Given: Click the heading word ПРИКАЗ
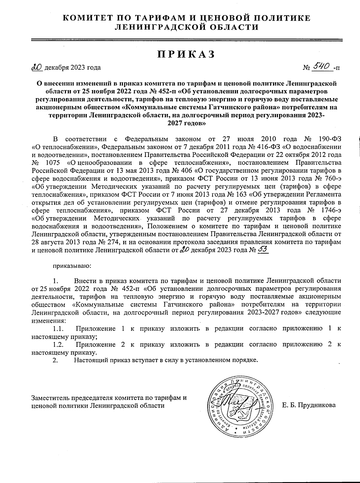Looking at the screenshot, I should pyautogui.click(x=186, y=54).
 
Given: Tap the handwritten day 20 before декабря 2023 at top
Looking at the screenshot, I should pyautogui.click(x=37, y=67).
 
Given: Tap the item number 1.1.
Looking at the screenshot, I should pyautogui.click(x=58, y=328).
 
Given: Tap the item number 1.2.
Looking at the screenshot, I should pyautogui.click(x=58, y=344).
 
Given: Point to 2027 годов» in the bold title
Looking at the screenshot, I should pyautogui.click(x=186, y=123).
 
